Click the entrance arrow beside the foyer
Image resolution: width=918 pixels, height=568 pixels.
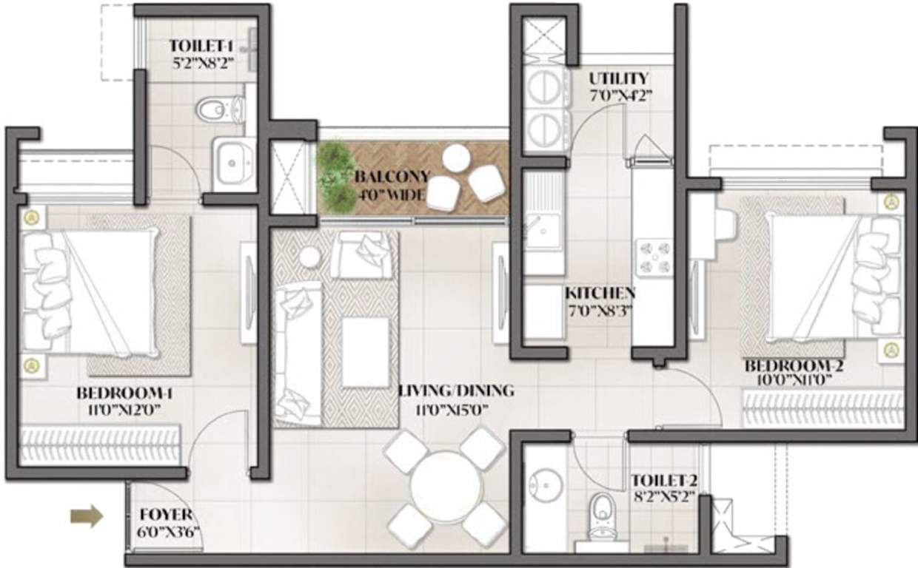coord(87,516)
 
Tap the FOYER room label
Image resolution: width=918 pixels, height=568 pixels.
coord(166,515)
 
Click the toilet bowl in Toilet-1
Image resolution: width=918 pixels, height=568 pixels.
coord(216,110)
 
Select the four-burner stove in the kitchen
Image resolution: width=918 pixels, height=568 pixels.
coord(654,257)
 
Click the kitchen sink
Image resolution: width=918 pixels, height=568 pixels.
coord(544,230)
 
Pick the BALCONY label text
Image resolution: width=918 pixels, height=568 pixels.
coord(392,177)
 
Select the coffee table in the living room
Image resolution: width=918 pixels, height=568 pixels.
coord(366,351)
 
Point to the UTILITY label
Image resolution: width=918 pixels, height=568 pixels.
coord(618,78)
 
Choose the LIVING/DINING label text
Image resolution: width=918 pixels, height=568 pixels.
coord(455,390)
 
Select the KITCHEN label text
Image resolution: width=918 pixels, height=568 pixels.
coord(600,292)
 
